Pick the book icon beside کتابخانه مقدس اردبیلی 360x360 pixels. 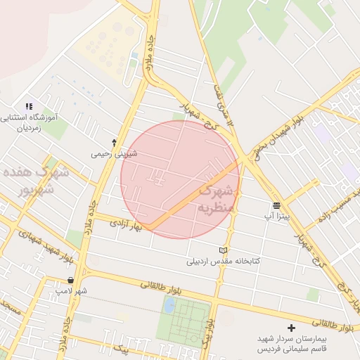pos(224,250)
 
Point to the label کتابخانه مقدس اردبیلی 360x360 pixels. pos(223,261)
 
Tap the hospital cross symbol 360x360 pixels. pos(291,328)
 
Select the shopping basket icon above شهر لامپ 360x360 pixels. pos(70,280)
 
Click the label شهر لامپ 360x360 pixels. pos(72,290)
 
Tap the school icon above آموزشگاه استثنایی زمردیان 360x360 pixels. pos(29,106)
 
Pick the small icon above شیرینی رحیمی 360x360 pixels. pos(114,143)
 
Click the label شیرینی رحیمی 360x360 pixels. pos(114,153)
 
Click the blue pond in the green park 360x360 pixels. pos(169,305)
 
